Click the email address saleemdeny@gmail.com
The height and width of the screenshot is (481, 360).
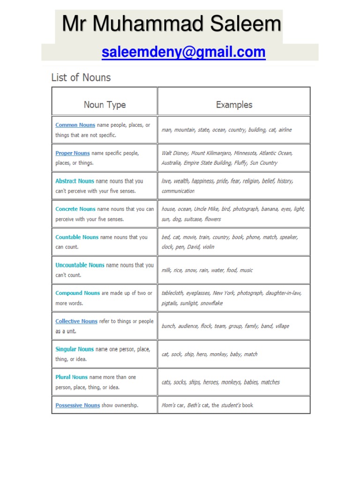[x=184, y=52]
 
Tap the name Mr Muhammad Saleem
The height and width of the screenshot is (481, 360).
[x=172, y=24]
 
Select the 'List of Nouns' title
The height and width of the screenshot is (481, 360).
[x=81, y=78]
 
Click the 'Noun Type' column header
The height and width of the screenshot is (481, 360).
[x=105, y=105]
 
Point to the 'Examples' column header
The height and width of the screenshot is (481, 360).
[x=234, y=105]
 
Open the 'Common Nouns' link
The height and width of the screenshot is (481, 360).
[x=75, y=125]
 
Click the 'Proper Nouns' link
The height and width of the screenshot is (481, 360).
[x=72, y=153]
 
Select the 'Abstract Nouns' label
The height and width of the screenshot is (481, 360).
[x=75, y=181]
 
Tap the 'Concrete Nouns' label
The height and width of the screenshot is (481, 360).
[x=75, y=209]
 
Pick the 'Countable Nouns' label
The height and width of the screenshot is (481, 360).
[x=77, y=237]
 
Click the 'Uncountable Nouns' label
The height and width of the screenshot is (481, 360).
[x=80, y=265]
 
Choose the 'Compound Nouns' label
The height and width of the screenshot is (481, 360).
[x=77, y=293]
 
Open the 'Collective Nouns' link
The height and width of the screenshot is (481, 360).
[x=76, y=321]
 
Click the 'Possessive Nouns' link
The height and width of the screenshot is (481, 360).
[x=77, y=405]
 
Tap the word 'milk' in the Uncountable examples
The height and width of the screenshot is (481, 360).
[x=166, y=270]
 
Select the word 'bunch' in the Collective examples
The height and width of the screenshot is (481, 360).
[x=168, y=326]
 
